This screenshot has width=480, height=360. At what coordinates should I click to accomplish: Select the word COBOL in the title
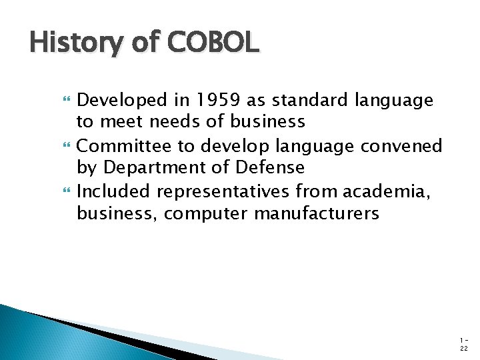(x=213, y=43)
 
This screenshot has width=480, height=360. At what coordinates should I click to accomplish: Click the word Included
(x=114, y=191)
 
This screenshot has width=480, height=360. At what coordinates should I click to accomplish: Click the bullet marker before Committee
(x=65, y=146)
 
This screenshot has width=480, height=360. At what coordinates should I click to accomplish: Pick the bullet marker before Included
(x=65, y=192)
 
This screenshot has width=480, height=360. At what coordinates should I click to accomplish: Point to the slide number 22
(x=463, y=347)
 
